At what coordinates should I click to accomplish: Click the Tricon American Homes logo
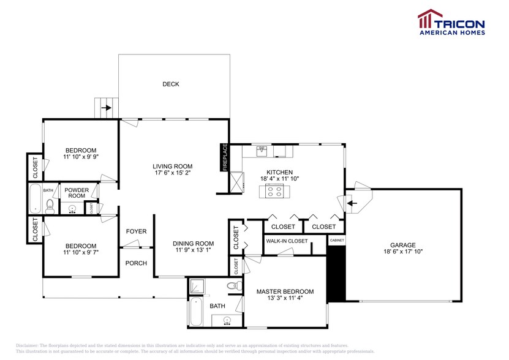click(451, 23)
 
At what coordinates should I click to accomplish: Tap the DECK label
click(171, 84)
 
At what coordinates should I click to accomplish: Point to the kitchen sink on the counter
click(262, 149)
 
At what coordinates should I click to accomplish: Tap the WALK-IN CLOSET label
click(287, 241)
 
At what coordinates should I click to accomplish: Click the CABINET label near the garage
click(337, 241)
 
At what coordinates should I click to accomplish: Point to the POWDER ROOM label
click(77, 193)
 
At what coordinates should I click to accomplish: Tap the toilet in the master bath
click(232, 286)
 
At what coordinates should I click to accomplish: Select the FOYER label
click(136, 231)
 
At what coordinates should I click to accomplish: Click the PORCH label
click(135, 263)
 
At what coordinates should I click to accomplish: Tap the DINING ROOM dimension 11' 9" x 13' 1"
click(193, 250)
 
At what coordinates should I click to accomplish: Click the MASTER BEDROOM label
click(285, 291)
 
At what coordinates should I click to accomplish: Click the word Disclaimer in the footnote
click(28, 346)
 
